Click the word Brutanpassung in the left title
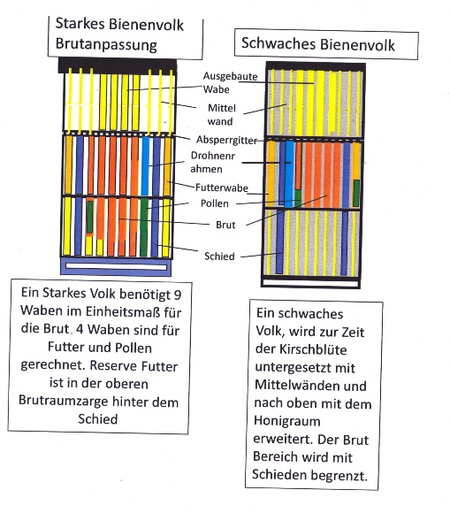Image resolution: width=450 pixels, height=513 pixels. click(x=106, y=44)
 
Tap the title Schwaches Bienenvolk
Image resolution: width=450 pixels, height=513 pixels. click(x=318, y=44)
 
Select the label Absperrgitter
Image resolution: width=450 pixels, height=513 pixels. click(x=226, y=140)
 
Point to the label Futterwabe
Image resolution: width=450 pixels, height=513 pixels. click(x=222, y=188)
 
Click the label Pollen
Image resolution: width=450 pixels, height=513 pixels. click(x=215, y=203)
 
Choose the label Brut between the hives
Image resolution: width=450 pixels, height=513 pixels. click(x=225, y=225)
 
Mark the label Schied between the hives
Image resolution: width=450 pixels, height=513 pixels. click(x=219, y=256)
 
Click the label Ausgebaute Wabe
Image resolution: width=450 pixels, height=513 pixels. click(x=230, y=82)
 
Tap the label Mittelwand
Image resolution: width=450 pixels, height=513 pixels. click(x=221, y=114)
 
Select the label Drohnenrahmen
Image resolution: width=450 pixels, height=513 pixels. click(x=212, y=162)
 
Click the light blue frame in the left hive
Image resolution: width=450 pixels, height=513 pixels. click(x=145, y=166)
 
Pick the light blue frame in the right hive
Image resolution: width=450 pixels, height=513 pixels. click(x=289, y=174)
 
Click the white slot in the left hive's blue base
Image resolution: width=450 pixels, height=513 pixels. click(x=116, y=266)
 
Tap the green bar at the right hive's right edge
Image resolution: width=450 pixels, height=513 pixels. click(x=356, y=193)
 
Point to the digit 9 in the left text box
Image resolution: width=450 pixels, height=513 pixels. click(x=178, y=295)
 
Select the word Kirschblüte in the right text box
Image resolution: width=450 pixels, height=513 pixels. click(x=313, y=349)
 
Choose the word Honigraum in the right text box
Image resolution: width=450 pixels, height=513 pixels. click(x=286, y=421)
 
